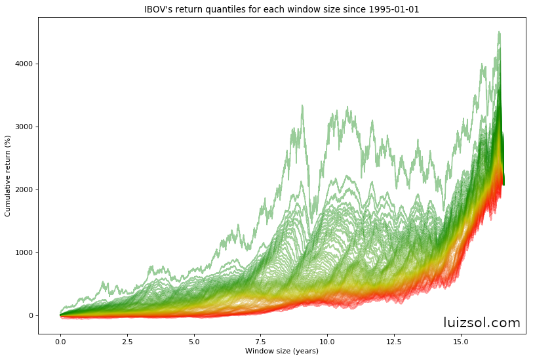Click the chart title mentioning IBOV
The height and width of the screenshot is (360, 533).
(x=281, y=9)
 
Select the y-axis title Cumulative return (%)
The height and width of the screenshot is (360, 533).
(x=8, y=176)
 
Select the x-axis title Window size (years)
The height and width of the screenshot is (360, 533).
(x=282, y=351)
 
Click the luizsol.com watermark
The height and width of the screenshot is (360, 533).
(x=481, y=323)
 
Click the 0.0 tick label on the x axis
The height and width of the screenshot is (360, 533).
(x=60, y=341)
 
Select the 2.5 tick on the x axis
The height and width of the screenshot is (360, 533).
(x=127, y=341)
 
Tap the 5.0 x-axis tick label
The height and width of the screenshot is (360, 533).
(x=194, y=341)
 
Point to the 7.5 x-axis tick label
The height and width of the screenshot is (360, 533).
(x=261, y=341)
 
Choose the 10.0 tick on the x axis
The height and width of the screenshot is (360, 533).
(x=327, y=341)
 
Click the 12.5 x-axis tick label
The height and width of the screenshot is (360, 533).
(x=394, y=341)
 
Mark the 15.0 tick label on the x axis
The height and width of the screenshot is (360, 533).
(x=461, y=341)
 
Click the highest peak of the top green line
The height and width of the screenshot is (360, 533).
(x=499, y=31)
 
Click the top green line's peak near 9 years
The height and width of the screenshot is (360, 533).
(x=302, y=105)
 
